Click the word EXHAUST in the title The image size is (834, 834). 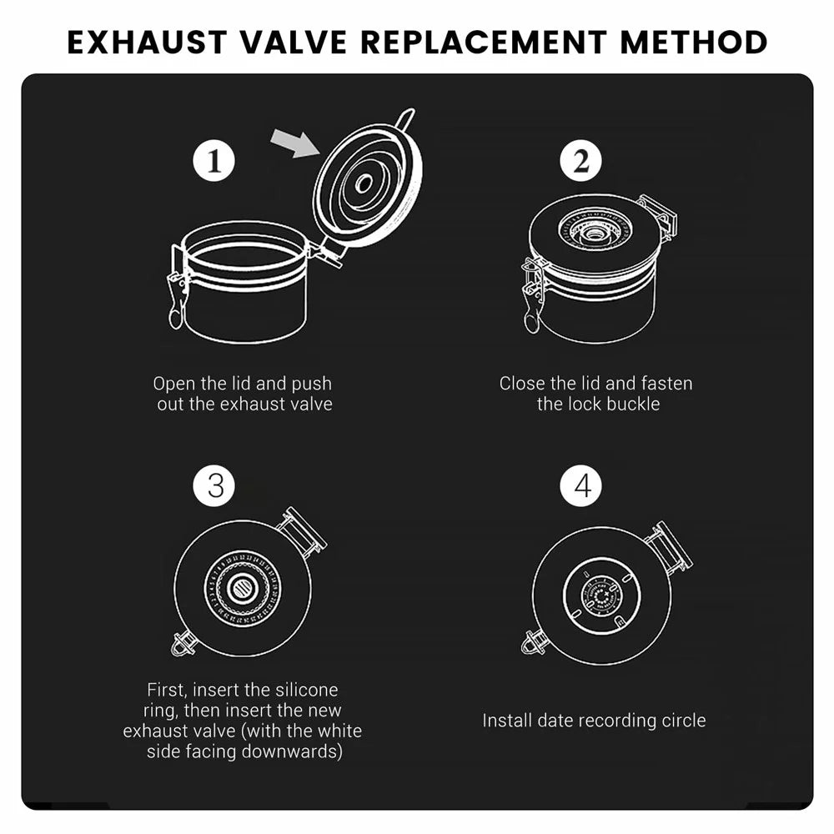(x=148, y=43)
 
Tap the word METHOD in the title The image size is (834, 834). (x=694, y=43)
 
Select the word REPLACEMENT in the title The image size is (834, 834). (x=484, y=43)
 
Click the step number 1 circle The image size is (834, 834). (x=214, y=161)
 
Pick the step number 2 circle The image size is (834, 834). (x=580, y=161)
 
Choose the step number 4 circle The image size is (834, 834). (x=580, y=485)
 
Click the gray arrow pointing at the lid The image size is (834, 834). (x=296, y=143)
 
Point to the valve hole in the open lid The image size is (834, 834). (x=364, y=184)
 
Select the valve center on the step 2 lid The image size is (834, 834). (x=594, y=234)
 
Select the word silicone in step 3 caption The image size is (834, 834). (x=306, y=690)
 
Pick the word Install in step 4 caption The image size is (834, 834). (x=507, y=721)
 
